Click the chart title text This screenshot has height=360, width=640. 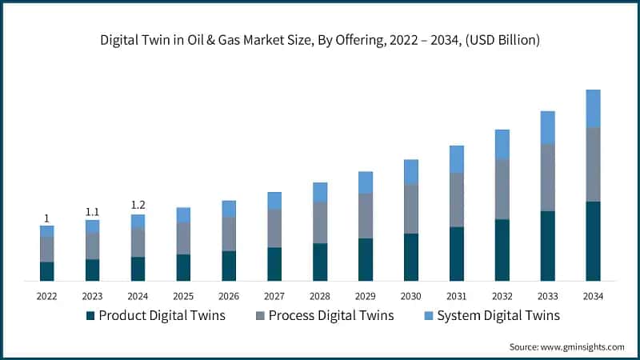pos(320,41)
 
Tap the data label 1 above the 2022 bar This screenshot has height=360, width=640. pos(46,218)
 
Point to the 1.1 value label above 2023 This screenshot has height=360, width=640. pos(92,212)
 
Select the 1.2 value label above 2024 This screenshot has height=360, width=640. pos(138,206)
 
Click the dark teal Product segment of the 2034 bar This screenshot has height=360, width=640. pos(593,241)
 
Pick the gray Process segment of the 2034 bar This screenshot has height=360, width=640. pos(593,164)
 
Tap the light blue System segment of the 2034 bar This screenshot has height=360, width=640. pos(593,108)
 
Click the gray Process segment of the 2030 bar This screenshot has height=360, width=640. pos(411,209)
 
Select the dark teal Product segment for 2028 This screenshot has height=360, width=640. pos(320,262)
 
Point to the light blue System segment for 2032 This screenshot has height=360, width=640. pos(502,144)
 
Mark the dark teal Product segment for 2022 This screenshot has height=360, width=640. pos(46,271)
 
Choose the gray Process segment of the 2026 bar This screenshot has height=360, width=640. pos(229,234)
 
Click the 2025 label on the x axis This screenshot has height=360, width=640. pos(183,297)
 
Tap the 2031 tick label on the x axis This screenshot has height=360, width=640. pos(456,297)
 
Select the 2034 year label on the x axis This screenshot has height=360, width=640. pos(593,297)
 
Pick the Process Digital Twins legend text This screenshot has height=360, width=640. pos(331,315)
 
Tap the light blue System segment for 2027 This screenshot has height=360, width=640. pos(274,200)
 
